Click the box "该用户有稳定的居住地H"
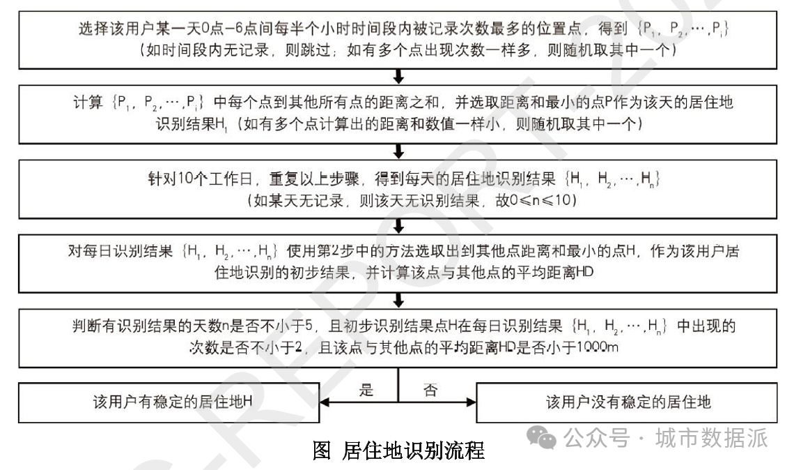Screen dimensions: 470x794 tap(166, 402)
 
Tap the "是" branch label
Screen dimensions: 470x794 tap(367, 391)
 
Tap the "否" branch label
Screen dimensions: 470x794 tap(430, 391)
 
